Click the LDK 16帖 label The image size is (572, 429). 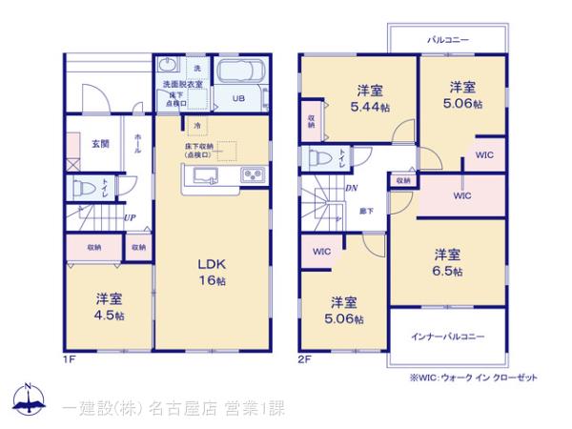tap(212, 272)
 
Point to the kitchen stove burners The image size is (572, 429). tap(253, 174)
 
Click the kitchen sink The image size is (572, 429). tap(207, 174)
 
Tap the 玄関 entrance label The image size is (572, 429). tap(99, 143)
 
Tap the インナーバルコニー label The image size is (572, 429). tap(447, 337)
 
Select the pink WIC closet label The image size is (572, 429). tap(461, 195)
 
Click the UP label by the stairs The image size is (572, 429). tap(128, 217)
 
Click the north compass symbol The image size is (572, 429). tap(29, 399)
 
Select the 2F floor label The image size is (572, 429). tap(304, 359)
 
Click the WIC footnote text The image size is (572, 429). tap(473, 378)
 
